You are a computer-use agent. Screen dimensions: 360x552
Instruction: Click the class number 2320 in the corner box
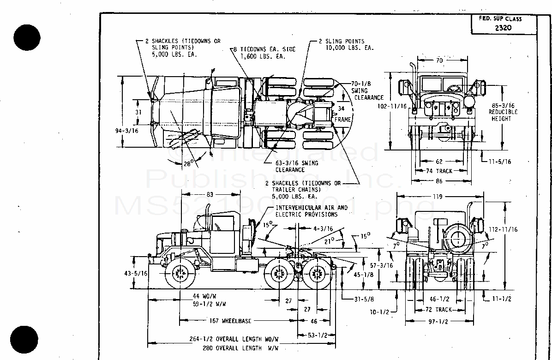pos(504,28)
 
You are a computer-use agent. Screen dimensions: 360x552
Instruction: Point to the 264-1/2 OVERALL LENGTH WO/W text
pos(234,339)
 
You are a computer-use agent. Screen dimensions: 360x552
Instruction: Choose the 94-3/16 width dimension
pos(126,131)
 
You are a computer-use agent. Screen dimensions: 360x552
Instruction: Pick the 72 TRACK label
pos(438,309)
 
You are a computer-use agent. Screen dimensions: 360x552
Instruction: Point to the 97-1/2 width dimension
pos(438,321)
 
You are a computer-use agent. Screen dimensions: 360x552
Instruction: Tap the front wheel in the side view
pos(180,275)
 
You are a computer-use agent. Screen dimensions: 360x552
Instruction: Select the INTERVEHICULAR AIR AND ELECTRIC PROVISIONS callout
pos(312,211)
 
